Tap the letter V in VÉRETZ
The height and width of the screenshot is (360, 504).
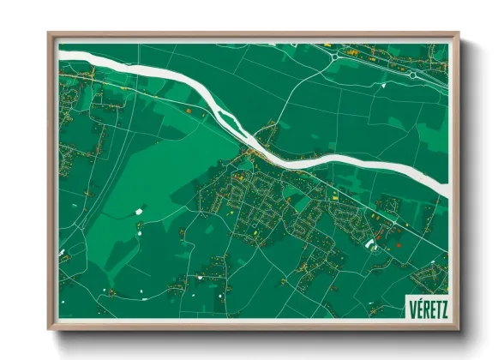click(x=413, y=308)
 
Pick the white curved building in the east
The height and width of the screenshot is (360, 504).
click(x=371, y=244)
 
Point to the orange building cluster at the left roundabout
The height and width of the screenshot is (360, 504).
click(x=351, y=53)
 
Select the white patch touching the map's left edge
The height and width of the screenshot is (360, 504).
click(x=62, y=255)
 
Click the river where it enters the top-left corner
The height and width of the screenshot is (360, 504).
click(x=64, y=53)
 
